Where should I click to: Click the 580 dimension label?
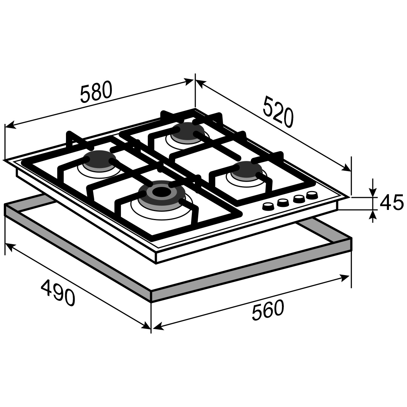tap(96, 92)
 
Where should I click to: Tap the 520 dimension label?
tap(278, 111)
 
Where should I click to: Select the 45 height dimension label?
tap(391, 203)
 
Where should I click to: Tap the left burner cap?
tap(99, 159)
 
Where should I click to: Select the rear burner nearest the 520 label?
tap(188, 133)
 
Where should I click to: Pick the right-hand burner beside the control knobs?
tap(246, 170)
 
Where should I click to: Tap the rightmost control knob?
tap(312, 195)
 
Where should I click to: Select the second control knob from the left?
tap(283, 203)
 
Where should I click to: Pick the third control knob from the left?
tap(298, 199)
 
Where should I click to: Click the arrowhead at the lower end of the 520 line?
tap(346, 168)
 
